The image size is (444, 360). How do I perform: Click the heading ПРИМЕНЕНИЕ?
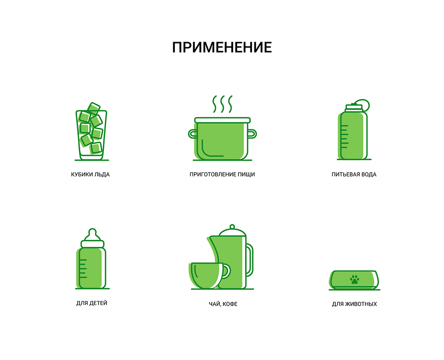point(222,47)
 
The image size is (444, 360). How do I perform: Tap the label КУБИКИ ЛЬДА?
point(90,174)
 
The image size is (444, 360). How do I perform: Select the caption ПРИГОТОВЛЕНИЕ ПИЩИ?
point(222,174)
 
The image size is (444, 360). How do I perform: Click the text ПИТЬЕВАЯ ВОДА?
point(354,174)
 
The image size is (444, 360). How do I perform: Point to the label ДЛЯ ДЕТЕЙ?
point(92,303)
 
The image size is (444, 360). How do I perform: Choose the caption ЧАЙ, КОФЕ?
point(223,304)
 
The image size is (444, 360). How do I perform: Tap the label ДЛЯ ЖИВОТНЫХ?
point(354,304)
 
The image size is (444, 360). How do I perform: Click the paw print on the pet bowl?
point(354,279)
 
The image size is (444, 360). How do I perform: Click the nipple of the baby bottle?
point(92,234)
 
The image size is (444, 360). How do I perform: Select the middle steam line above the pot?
point(222,104)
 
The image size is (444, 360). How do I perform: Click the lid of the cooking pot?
point(222,120)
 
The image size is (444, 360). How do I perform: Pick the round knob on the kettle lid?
point(232,227)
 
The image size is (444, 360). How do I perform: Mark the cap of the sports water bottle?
point(354,107)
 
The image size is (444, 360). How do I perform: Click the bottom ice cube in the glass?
point(96,148)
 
